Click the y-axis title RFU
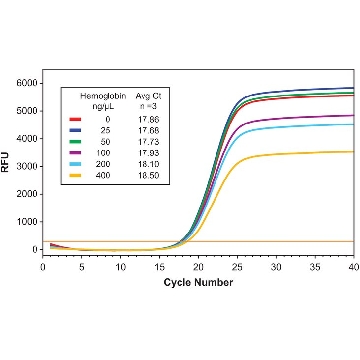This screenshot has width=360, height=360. (x=5, y=162)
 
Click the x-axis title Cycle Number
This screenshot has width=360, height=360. (x=198, y=283)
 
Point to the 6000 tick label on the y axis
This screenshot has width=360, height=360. (x=27, y=83)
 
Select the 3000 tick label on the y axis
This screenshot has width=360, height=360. (x=27, y=166)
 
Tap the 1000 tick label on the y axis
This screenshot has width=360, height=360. (x=27, y=222)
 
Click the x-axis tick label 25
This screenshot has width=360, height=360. (x=237, y=267)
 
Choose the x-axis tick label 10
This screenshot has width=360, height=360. (x=121, y=267)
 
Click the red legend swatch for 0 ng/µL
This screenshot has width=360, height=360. (x=75, y=119)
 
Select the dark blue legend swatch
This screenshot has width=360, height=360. (x=75, y=130)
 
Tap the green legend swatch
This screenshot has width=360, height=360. (x=75, y=142)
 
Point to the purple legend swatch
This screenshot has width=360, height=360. (x=75, y=153)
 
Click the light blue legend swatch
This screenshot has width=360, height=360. (x=75, y=164)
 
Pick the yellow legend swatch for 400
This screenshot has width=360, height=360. (x=75, y=176)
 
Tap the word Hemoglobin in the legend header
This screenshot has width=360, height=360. (x=103, y=97)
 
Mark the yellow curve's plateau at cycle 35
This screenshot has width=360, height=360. (x=315, y=153)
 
